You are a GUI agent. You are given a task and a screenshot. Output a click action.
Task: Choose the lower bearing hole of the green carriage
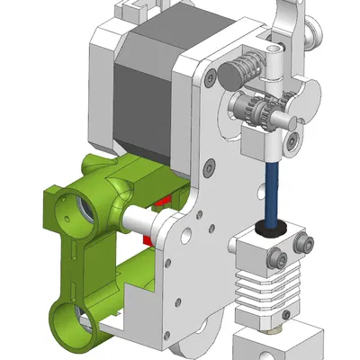pyautogui.click(x=74, y=319)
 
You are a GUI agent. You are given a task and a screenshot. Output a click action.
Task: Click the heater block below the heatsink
pyautogui.click(x=274, y=346)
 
